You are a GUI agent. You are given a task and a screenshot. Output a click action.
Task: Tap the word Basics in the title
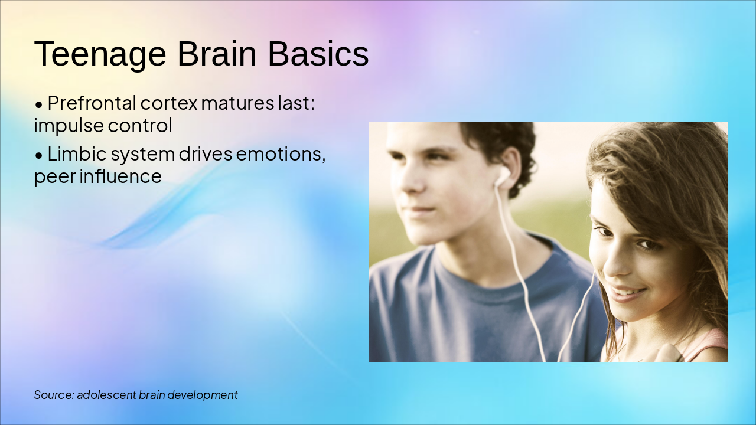[318, 54]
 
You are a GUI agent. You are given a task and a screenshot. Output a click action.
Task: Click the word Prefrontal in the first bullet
[92, 103]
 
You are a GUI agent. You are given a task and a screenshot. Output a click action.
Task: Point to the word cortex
[169, 103]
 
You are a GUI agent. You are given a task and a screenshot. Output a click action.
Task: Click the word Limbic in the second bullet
[74, 154]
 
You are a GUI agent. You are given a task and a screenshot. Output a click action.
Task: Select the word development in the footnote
[203, 395]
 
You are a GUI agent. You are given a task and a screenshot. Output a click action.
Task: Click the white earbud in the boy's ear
[502, 175]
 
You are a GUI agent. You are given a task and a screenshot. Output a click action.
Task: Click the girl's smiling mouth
[627, 292]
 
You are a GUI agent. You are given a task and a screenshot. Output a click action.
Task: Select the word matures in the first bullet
[238, 103]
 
